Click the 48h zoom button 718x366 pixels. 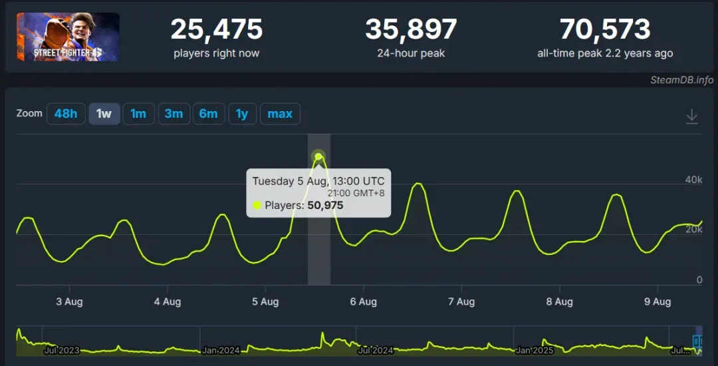coord(66,114)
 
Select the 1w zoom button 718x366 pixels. coord(104,114)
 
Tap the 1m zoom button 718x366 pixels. coord(138,114)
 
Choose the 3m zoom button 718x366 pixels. coord(174,114)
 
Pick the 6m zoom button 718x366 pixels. coord(208,114)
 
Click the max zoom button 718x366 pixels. coord(280,114)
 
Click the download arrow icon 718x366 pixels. coord(691,116)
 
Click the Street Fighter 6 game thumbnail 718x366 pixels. coord(68,37)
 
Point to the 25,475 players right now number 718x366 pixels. coord(217,29)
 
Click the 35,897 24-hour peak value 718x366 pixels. coord(411,29)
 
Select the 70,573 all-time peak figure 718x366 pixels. coord(605,29)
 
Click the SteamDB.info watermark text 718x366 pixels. coord(681,80)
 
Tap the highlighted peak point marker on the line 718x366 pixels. coord(318,157)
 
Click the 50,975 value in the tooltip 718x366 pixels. coord(325,206)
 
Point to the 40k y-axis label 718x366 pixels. coord(694,180)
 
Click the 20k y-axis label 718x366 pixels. coord(694,230)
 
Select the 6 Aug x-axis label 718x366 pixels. coord(363,301)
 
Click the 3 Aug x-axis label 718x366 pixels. coord(69,301)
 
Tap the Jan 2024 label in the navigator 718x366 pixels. coord(220,350)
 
